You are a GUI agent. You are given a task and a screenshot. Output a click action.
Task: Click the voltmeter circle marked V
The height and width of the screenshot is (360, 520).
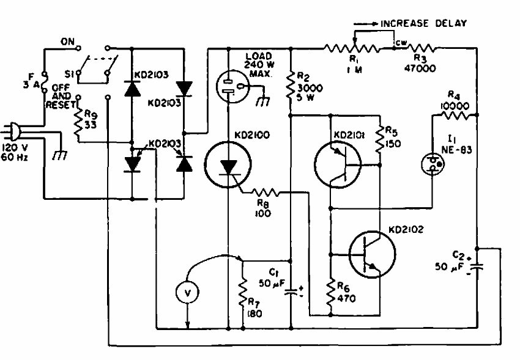(x=188, y=293)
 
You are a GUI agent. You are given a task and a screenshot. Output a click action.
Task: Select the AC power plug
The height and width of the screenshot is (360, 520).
(x=15, y=131)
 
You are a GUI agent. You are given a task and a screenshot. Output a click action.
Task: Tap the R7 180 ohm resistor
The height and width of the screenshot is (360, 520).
(x=243, y=293)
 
